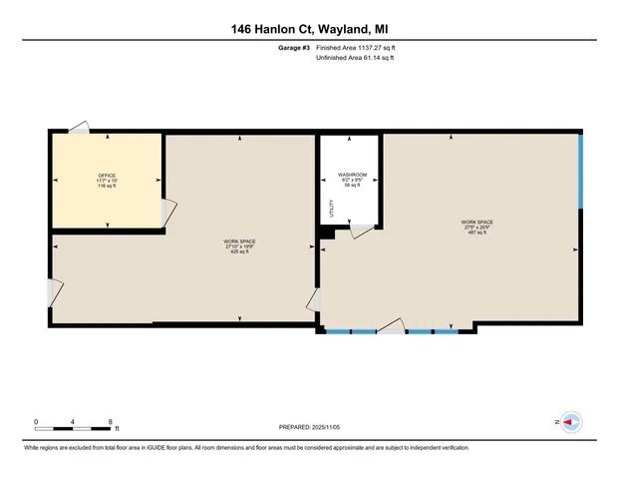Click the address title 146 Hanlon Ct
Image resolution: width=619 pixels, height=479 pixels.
309,29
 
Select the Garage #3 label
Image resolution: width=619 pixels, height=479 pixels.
295,47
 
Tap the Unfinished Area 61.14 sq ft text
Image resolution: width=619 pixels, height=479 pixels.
355,58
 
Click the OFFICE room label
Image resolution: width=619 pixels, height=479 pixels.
107,176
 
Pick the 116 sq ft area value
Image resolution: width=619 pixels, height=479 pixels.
107,187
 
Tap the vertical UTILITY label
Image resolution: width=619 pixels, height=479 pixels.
333,209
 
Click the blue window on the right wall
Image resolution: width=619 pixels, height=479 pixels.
580,171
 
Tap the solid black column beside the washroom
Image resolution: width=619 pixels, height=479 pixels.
324,234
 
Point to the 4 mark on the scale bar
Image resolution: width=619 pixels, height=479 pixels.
73,421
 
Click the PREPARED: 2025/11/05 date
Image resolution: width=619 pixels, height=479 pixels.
309,427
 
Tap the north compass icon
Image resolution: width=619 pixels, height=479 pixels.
570,422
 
